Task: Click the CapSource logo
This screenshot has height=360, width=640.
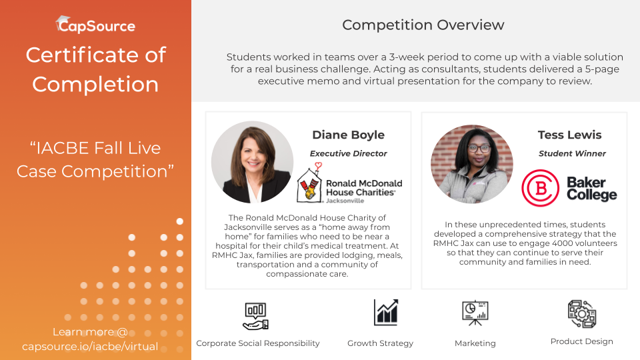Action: (95, 25)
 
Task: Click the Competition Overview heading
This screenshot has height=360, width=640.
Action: (423, 25)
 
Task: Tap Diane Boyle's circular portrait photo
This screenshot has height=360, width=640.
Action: (252, 162)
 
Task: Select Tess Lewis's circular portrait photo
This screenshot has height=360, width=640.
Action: (472, 164)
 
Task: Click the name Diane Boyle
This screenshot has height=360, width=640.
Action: (348, 135)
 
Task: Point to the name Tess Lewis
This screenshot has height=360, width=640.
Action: (569, 135)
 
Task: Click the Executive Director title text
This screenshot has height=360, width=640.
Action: (348, 153)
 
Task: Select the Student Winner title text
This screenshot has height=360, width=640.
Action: (572, 153)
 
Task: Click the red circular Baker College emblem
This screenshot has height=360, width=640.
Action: (541, 188)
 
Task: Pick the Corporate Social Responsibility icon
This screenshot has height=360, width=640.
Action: (256, 316)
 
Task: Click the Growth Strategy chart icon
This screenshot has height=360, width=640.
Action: (386, 312)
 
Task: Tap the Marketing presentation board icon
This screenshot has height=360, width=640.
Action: (475, 313)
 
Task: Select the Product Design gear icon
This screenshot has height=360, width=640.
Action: (582, 314)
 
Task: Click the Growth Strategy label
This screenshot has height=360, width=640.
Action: (381, 343)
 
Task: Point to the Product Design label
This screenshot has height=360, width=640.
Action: (581, 341)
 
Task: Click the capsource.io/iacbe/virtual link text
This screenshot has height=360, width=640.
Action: (90, 347)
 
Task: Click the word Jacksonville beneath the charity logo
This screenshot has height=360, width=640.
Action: (345, 201)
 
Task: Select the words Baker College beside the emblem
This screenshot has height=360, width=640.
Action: (592, 189)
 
